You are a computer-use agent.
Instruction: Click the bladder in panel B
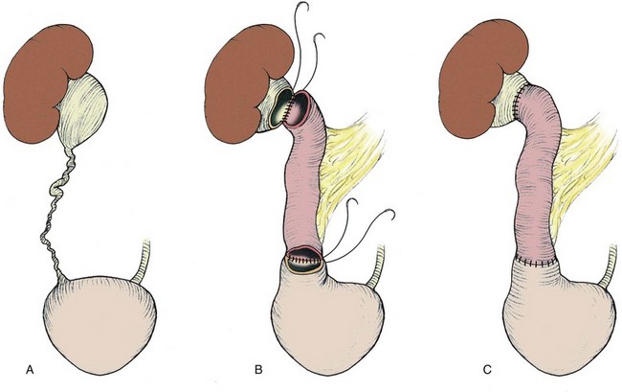(321, 321)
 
